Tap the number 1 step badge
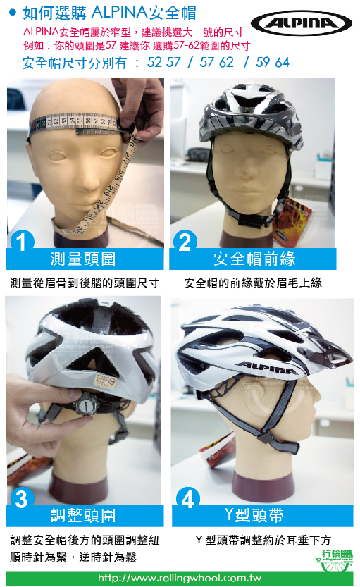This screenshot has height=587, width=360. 23,242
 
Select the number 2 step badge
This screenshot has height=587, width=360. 185,242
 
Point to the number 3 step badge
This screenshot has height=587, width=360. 23,499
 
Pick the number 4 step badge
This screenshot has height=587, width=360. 187,499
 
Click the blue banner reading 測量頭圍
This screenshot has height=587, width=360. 85,259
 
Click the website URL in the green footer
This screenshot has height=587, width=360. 180,578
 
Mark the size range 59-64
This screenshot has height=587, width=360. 273,63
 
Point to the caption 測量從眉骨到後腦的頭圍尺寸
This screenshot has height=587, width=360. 85,283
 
